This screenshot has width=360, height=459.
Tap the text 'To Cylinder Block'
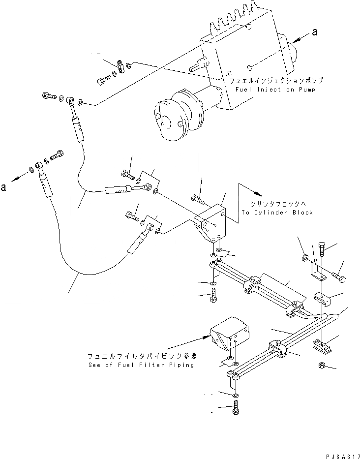[277, 213]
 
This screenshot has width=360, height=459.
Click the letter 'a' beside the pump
[315, 32]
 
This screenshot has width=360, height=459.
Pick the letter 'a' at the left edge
[4, 187]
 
